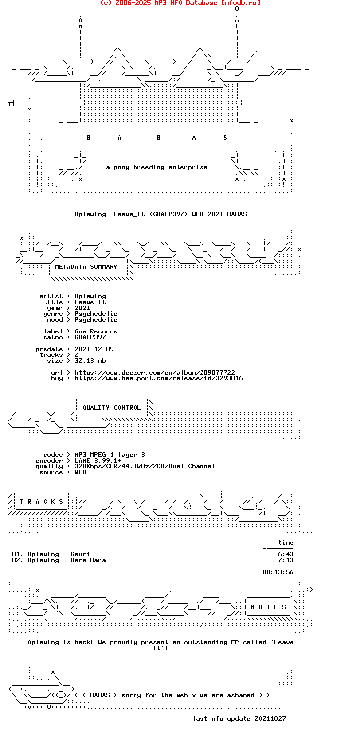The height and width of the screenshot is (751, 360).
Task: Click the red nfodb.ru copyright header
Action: (180, 3)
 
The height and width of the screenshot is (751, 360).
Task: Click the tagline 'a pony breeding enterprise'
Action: (157, 167)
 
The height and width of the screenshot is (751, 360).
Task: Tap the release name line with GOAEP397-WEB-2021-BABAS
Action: (160, 214)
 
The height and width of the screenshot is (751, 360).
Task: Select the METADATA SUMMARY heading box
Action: (88, 267)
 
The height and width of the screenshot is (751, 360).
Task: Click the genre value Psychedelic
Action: (96, 314)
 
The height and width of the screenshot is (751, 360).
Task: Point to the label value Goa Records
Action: (96, 331)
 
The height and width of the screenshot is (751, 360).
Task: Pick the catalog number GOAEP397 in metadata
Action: (90, 337)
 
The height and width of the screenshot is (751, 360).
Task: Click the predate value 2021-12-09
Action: (94, 349)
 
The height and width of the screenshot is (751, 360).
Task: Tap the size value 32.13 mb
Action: (90, 361)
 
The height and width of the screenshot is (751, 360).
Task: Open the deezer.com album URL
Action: (155, 373)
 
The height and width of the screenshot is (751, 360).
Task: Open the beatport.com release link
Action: (158, 378)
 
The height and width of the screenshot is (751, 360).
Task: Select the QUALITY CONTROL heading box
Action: (112, 408)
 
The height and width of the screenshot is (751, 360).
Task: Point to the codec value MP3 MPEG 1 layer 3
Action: (110, 455)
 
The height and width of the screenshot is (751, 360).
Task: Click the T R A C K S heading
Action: (41, 502)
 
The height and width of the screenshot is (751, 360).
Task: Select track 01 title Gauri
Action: (80, 554)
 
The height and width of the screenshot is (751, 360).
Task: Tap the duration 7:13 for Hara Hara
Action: (286, 560)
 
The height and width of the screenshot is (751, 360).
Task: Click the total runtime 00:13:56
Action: (278, 572)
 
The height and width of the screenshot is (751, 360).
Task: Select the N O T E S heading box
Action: (268, 607)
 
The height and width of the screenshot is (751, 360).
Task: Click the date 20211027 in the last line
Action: (270, 718)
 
